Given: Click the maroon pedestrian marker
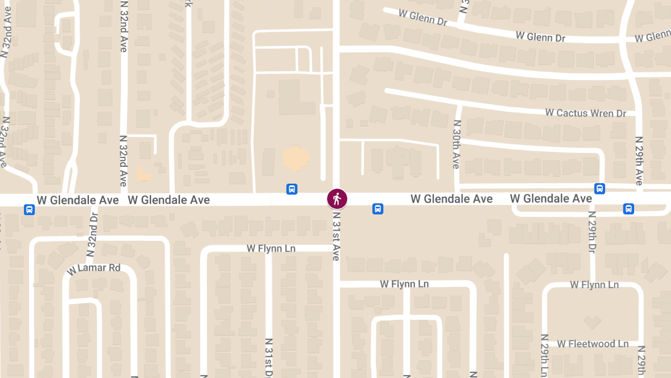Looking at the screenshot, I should [337, 198].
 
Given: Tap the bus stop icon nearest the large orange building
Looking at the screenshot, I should [291, 189].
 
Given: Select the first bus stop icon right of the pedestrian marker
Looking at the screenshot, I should [377, 209].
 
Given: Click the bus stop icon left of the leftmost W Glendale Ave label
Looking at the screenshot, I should [29, 209].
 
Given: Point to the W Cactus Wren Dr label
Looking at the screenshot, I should [585, 113].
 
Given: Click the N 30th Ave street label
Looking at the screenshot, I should [457, 144].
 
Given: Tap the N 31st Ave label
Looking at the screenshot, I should [336, 236].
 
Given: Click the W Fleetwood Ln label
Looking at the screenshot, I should [593, 343].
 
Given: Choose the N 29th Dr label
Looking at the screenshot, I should [592, 232].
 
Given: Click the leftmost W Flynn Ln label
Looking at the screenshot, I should [271, 248].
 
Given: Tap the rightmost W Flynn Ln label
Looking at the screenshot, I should [594, 284].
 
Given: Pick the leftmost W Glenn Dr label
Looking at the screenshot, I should [423, 17].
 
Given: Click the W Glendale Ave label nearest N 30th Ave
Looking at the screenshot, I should [451, 199].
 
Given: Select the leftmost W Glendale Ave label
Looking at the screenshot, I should [78, 200].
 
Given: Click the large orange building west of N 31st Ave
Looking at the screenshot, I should [295, 158].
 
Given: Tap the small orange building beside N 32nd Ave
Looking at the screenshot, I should [143, 173].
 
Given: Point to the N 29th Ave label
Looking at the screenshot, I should [639, 160].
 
